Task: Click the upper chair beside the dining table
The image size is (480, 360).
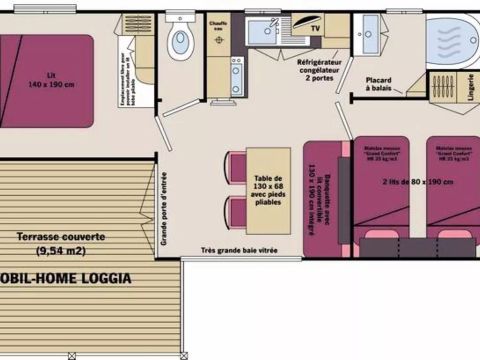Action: point(236,168)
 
